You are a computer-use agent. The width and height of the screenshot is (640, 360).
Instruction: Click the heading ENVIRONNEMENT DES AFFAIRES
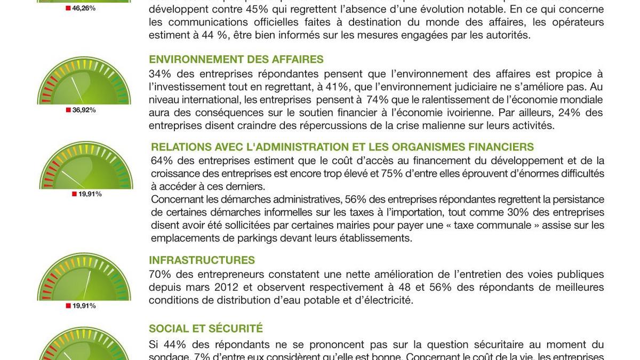[x=236, y=59]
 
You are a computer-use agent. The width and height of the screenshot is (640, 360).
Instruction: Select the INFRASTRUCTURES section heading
[x=202, y=260]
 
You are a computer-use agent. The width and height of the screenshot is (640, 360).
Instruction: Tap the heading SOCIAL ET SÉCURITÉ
[x=206, y=329]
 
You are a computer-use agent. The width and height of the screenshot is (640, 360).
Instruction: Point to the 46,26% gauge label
[x=84, y=9]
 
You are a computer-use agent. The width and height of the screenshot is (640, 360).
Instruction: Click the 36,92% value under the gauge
[x=84, y=110]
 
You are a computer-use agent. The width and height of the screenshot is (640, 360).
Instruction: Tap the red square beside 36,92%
[x=68, y=110]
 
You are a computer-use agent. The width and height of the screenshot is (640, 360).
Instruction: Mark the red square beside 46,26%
[x=68, y=9]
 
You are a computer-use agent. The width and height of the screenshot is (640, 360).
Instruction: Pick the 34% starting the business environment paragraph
[x=159, y=74]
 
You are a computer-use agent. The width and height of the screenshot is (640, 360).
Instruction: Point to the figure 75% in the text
[x=404, y=173]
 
